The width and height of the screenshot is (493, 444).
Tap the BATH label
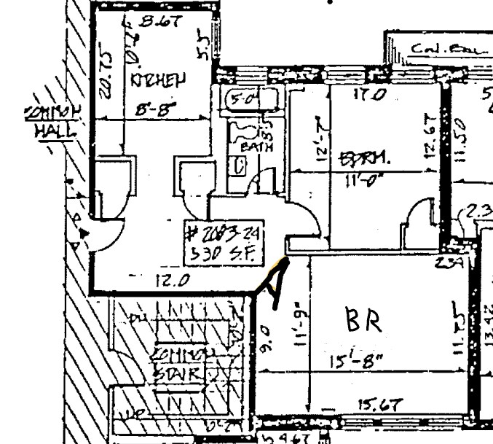[x=258, y=146]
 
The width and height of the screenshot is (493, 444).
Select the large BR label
[x=362, y=321]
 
